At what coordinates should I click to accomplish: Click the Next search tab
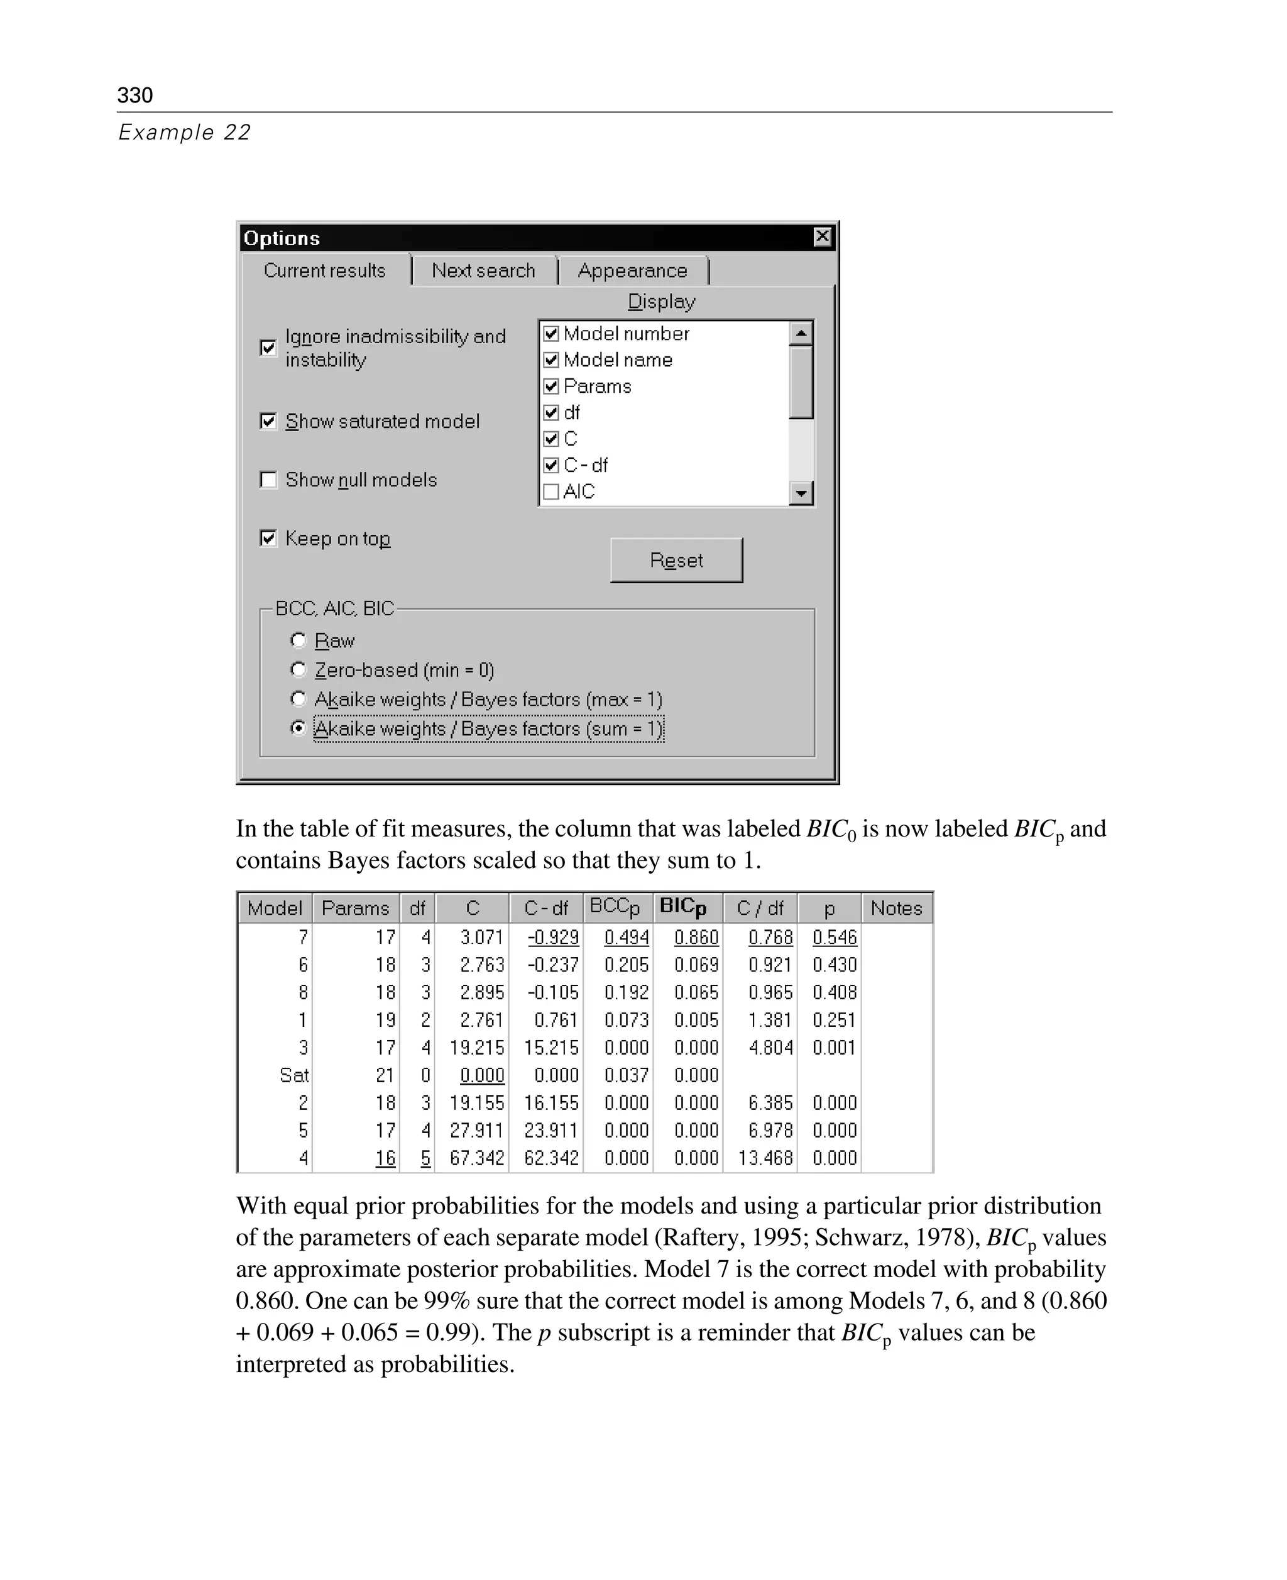pos(483,271)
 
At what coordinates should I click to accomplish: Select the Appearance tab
pos(632,271)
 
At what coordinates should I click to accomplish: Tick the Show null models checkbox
pos(268,480)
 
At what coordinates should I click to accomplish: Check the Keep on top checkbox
pos(268,538)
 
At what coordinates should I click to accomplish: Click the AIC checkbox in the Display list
pos(551,491)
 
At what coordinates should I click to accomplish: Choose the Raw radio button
pos(298,640)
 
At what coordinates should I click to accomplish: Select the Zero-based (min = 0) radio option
pos(298,669)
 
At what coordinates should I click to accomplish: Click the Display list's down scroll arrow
pos(801,492)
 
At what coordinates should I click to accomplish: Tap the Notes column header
pos(896,908)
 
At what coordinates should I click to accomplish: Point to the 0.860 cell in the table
pos(696,937)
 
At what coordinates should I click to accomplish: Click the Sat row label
pos(293,1075)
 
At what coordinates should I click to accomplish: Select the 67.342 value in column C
pos(477,1158)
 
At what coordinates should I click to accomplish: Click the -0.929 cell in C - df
pos(553,937)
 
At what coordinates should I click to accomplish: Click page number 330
pos(135,95)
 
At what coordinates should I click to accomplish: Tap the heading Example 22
pos(185,132)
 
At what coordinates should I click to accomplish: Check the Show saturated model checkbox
pos(268,421)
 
